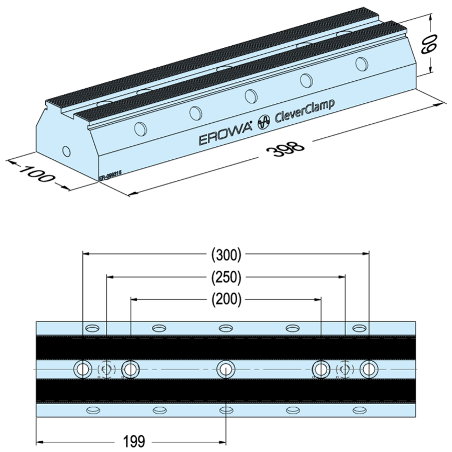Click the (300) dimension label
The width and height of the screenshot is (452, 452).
click(226, 254)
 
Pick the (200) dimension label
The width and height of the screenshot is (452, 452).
click(226, 299)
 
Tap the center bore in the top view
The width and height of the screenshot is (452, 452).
click(226, 369)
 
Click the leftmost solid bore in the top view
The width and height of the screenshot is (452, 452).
click(83, 369)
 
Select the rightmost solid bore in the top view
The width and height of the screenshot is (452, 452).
click(369, 369)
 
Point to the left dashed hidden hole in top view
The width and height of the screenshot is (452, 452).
click(106, 369)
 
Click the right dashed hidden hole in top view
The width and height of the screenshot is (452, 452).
click(344, 369)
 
